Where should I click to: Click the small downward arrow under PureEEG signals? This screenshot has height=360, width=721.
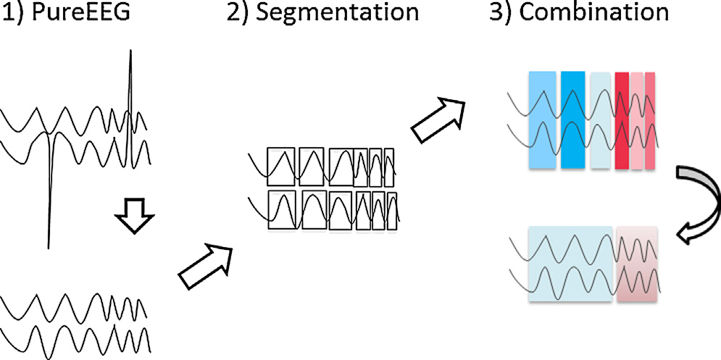[135, 217]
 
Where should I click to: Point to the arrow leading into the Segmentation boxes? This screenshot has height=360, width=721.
[206, 265]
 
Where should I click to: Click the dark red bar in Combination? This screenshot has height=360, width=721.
[621, 121]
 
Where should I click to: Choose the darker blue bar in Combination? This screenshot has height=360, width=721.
[572, 121]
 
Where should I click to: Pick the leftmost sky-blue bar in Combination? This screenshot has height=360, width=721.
[541, 121]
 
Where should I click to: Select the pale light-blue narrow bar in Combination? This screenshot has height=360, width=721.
[600, 121]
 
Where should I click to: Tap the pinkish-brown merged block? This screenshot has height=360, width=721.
[637, 264]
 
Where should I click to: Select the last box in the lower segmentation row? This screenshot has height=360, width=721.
[392, 212]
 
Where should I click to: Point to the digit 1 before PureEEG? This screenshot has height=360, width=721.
[6, 14]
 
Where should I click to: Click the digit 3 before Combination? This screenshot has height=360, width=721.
[495, 14]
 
